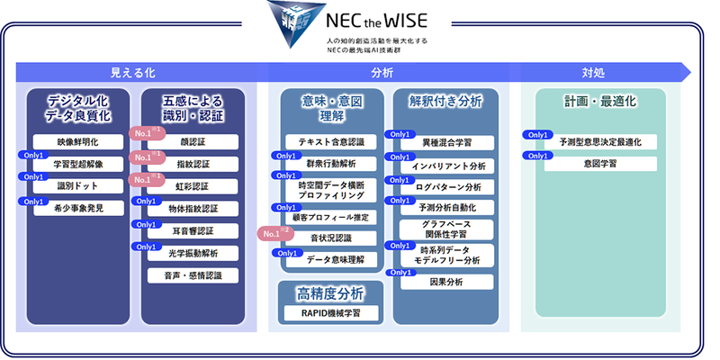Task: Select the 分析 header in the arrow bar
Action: pos(382,73)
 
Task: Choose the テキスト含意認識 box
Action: pos(331,142)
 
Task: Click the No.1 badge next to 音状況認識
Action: pos(274,233)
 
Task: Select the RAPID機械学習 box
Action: pos(331,312)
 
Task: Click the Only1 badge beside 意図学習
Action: pos(537,156)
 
